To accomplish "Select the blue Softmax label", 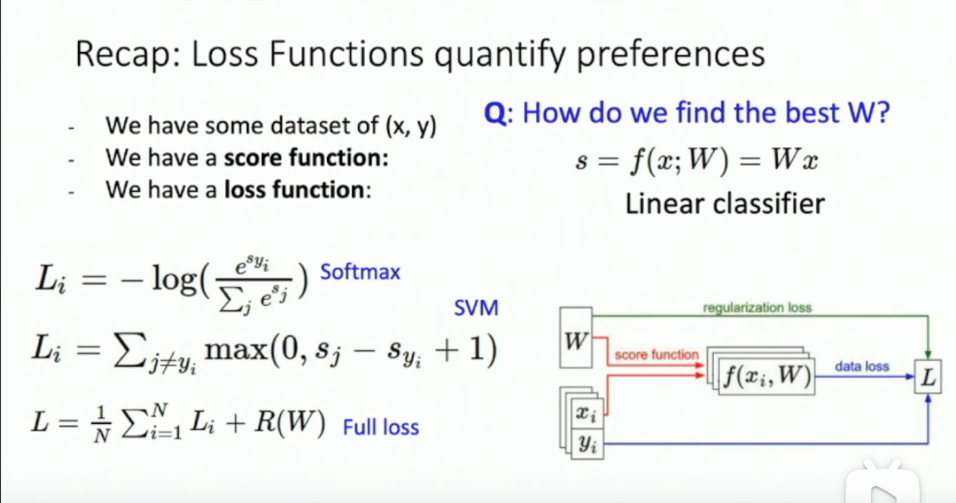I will pyautogui.click(x=360, y=272).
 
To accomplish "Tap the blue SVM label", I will pyautogui.click(x=476, y=309).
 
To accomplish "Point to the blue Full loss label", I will pyautogui.click(x=381, y=428).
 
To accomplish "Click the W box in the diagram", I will pyautogui.click(x=575, y=340).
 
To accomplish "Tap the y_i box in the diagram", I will pyautogui.click(x=584, y=445).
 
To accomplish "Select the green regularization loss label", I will pyautogui.click(x=757, y=308).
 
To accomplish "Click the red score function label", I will pyautogui.click(x=656, y=355).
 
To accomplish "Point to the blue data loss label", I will pyautogui.click(x=861, y=366).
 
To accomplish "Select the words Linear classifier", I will pyautogui.click(x=724, y=204).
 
